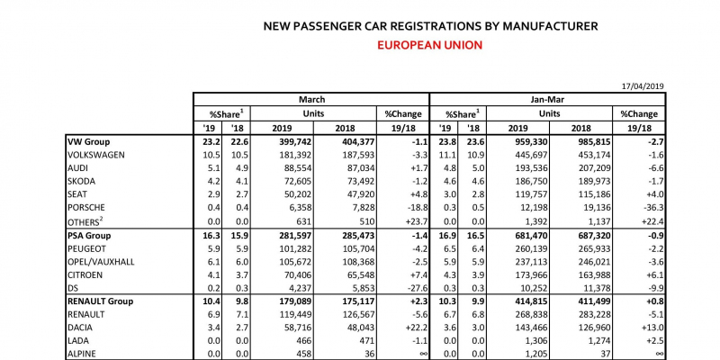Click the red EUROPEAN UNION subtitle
(x=430, y=45)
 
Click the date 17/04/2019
(x=643, y=86)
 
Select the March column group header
(x=311, y=99)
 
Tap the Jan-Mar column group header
(x=547, y=99)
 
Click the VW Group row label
(x=88, y=142)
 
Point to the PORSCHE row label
(x=86, y=208)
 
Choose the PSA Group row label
(x=89, y=236)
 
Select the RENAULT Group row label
(x=100, y=301)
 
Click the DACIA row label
(x=80, y=328)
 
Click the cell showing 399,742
(x=295, y=142)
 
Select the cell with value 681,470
(x=530, y=236)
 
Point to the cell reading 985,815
(x=594, y=142)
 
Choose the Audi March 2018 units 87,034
(x=361, y=168)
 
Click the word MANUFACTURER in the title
(x=550, y=26)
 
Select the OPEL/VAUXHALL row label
(x=101, y=262)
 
